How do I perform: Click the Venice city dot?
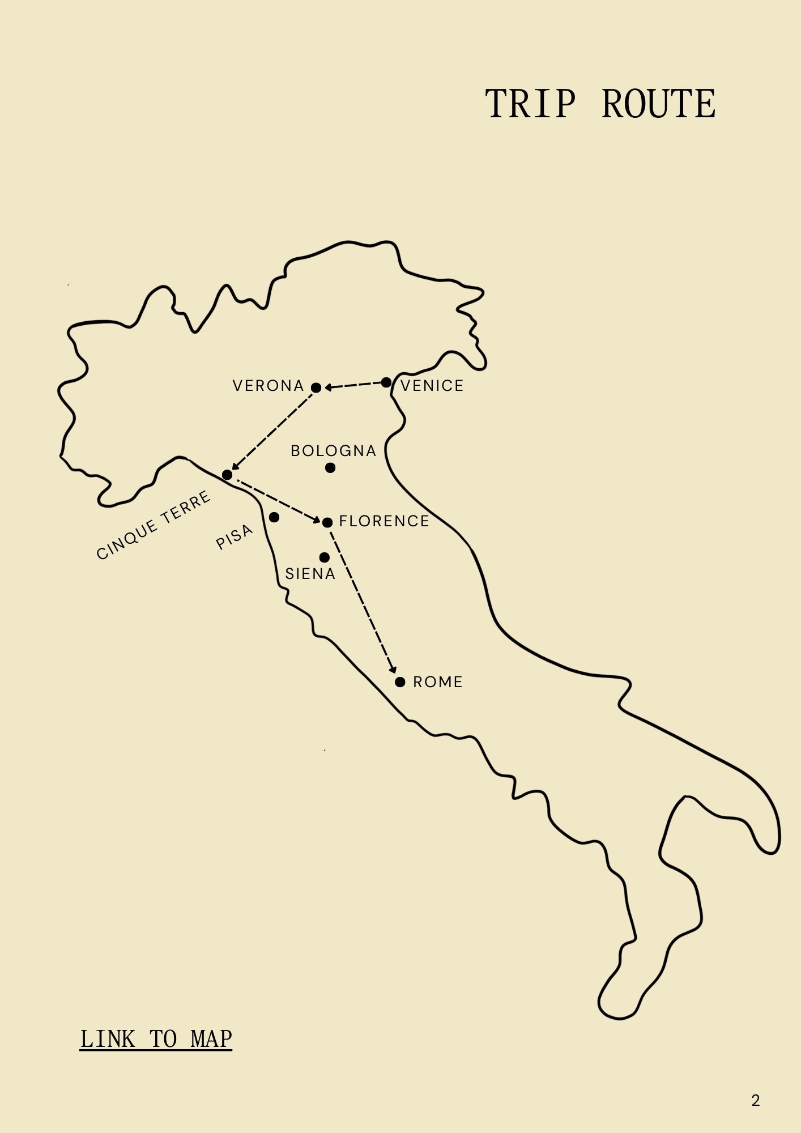[386, 382]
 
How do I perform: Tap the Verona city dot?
[316, 387]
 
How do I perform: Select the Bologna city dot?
[330, 468]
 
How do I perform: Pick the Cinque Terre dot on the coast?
[227, 475]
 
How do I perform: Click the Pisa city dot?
[274, 517]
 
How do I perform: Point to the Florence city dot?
[327, 522]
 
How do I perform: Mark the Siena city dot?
[324, 557]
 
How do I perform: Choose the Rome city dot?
[400, 681]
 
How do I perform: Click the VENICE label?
[432, 386]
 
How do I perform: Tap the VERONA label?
[269, 386]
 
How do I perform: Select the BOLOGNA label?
[334, 451]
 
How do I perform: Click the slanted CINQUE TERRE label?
[154, 525]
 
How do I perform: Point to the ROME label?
[438, 682]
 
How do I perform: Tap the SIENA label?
[310, 574]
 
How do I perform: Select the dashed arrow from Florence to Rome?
[363, 600]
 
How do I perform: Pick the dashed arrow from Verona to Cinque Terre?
[272, 431]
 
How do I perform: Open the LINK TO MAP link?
[156, 1039]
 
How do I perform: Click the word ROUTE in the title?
[658, 104]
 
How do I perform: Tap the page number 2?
[755, 1101]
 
